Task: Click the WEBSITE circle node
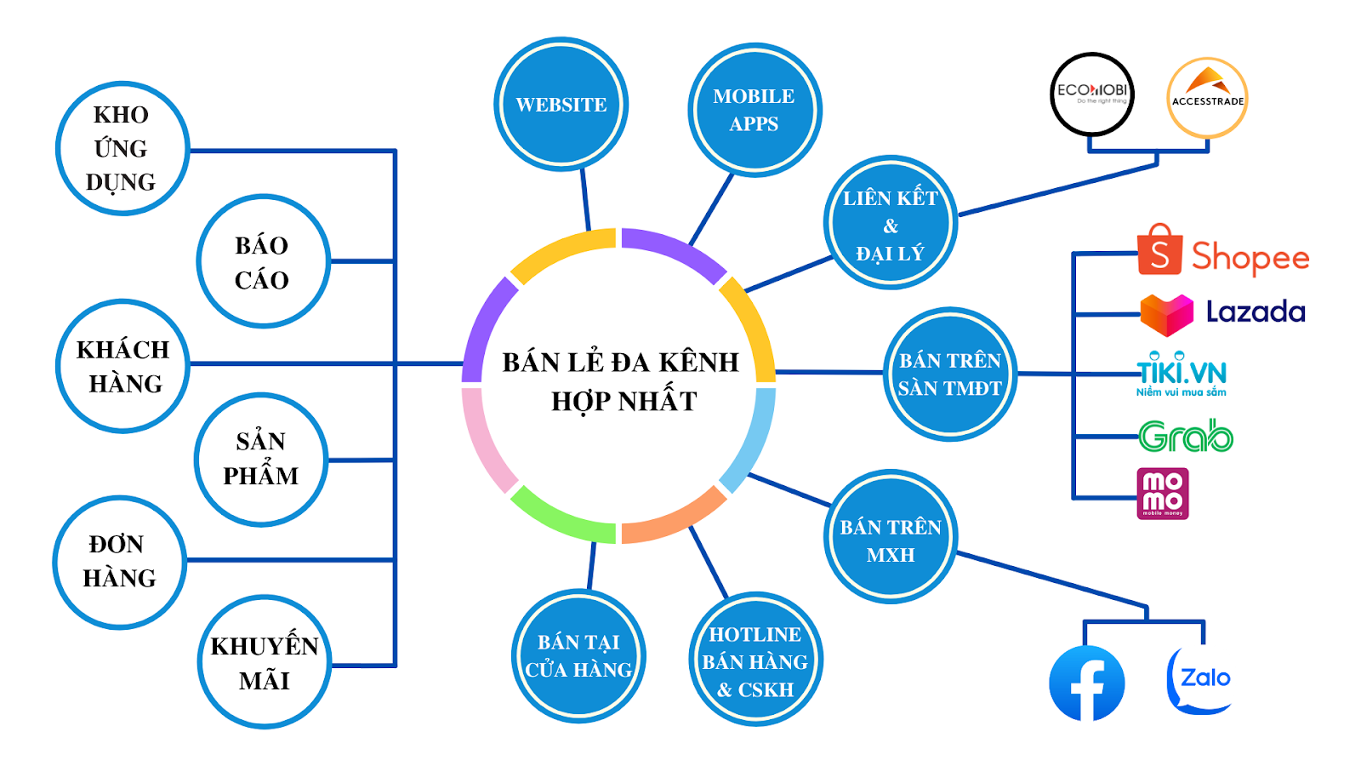(561, 105)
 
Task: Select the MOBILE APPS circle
(754, 110)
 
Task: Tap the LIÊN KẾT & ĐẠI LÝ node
(890, 223)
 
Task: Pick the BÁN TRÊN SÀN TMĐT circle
(949, 374)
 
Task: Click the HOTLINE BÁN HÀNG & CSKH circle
(755, 660)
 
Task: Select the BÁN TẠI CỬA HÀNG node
(578, 656)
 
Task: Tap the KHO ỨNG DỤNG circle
(122, 148)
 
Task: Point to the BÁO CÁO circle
(262, 261)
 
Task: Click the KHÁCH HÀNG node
(122, 366)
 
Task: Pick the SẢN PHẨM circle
(260, 459)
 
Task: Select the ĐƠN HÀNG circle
(119, 562)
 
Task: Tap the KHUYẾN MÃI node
(264, 662)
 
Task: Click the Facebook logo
(1086, 683)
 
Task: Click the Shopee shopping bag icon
(1159, 251)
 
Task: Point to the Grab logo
(1186, 437)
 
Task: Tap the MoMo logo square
(1163, 494)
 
